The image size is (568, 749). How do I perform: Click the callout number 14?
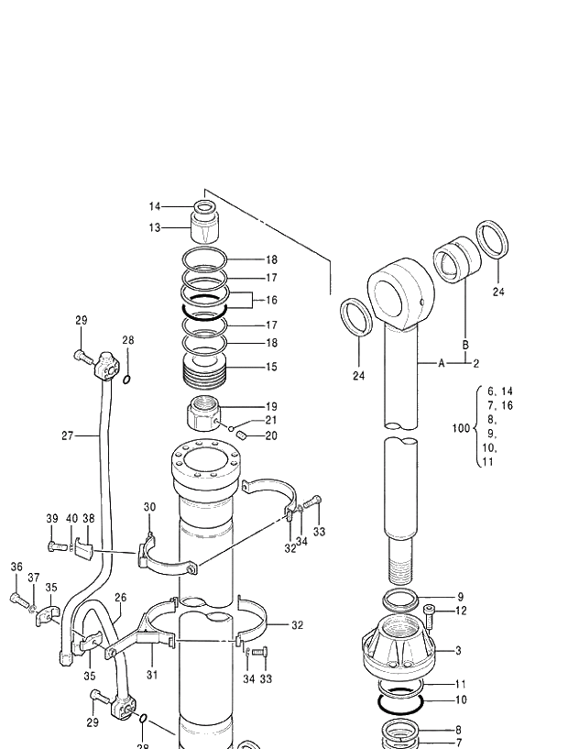[155, 206]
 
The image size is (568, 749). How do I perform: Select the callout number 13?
[155, 227]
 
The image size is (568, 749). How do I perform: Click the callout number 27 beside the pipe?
[68, 435]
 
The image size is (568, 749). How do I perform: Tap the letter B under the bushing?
[464, 345]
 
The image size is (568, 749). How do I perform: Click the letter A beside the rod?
[441, 363]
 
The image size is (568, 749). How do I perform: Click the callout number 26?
[121, 598]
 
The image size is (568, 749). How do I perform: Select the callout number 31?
[152, 675]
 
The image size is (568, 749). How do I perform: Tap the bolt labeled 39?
[55, 547]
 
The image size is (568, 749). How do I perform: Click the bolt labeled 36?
[19, 600]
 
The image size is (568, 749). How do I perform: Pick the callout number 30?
[149, 507]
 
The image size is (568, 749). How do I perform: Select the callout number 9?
[460, 597]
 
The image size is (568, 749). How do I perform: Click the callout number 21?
[271, 420]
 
